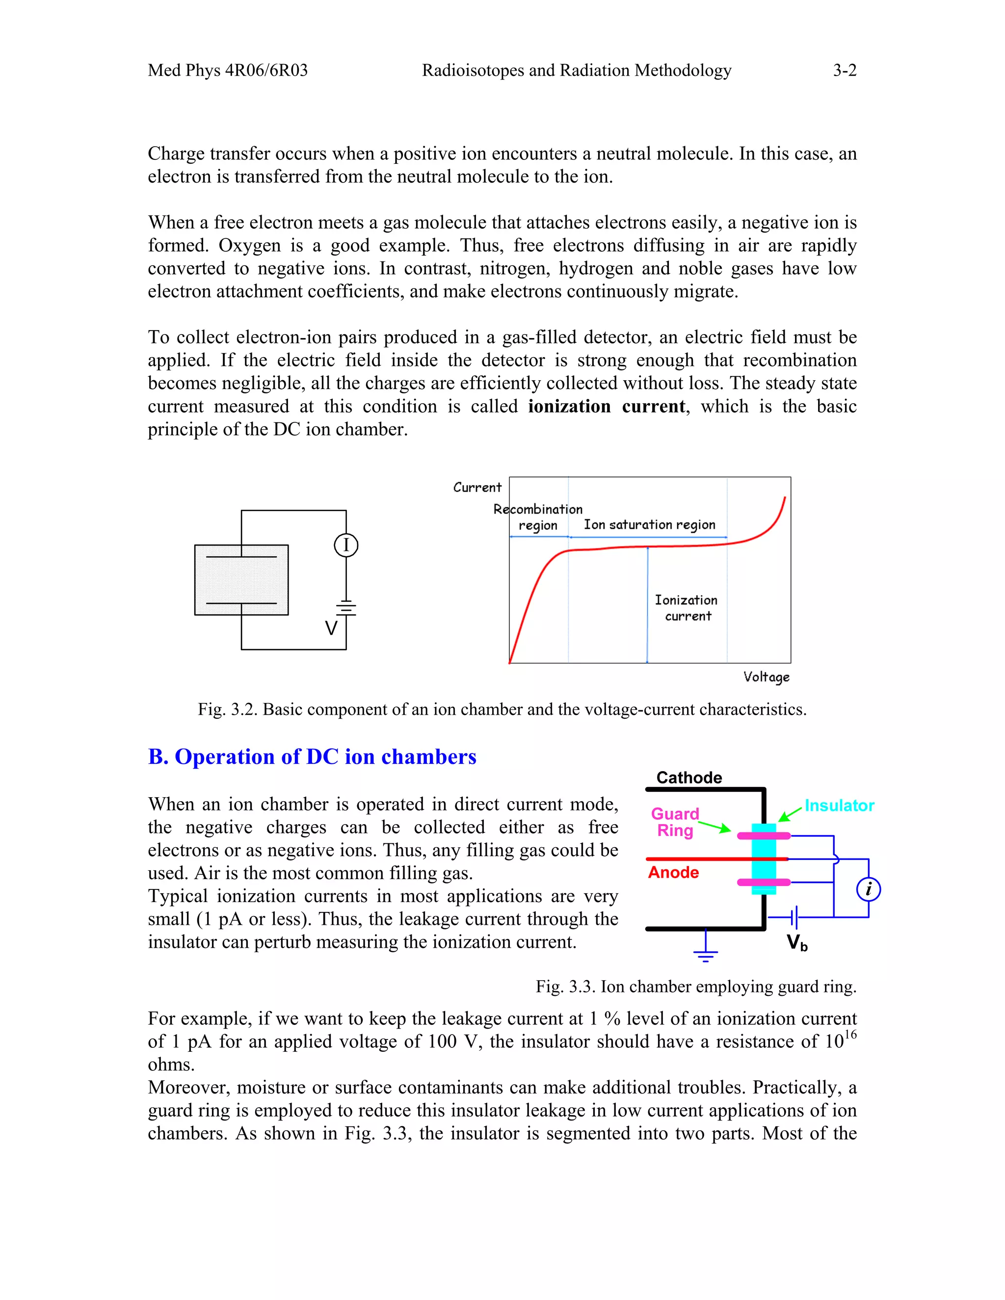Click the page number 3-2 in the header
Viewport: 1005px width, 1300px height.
[844, 70]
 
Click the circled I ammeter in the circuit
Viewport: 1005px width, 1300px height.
[346, 545]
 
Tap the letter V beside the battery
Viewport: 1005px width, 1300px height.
[331, 628]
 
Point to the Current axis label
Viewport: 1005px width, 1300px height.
[477, 488]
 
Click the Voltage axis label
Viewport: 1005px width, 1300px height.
[766, 677]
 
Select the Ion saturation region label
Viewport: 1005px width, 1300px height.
[649, 524]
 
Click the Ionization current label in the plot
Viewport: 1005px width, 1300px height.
[687, 608]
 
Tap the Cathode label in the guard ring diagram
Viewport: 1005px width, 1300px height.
[689, 778]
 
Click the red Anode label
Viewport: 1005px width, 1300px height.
[673, 872]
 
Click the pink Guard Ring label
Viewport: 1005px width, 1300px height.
[675, 822]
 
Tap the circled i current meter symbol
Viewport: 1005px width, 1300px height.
[868, 889]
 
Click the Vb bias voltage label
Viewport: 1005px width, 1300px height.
[796, 942]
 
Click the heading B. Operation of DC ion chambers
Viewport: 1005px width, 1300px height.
[312, 756]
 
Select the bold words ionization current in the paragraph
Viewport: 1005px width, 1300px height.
[607, 406]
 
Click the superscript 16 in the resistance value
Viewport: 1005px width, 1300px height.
[850, 1035]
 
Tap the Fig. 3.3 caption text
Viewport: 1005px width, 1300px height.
[695, 987]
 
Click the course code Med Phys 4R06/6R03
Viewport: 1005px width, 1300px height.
[227, 70]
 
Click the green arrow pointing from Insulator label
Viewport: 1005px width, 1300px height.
[791, 814]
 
